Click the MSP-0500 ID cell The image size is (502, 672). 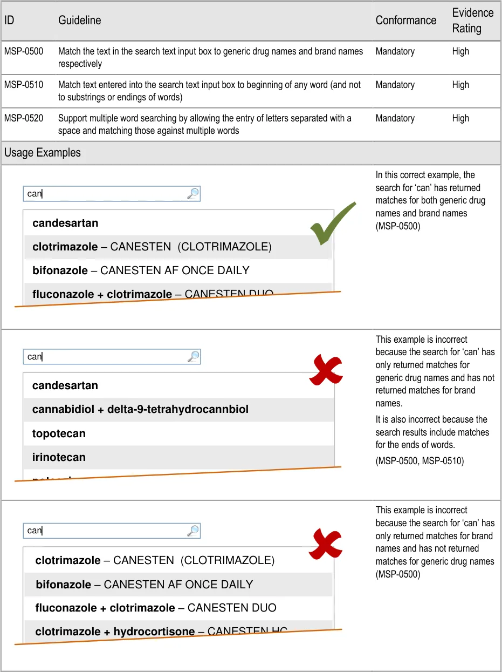[24, 52]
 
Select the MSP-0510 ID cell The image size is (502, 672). [24, 85]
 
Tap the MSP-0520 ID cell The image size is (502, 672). [24, 119]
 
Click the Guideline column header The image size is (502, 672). [79, 21]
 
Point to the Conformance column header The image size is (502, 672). [405, 21]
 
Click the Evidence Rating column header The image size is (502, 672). [472, 21]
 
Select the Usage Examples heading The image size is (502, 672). [43, 153]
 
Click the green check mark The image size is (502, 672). [333, 223]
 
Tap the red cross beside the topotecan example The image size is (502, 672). [326, 371]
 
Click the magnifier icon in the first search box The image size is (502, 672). [193, 194]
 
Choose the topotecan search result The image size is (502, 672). [59, 433]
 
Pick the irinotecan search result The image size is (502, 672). [59, 457]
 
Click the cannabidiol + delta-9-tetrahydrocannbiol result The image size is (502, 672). [140, 409]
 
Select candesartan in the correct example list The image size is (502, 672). [65, 223]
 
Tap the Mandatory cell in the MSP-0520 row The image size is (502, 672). [395, 119]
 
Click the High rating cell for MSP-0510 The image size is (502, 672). [460, 85]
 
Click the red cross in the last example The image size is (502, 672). [326, 544]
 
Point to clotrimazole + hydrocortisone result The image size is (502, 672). [115, 632]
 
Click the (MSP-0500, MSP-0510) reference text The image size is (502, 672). [420, 461]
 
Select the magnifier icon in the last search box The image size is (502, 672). [193, 531]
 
